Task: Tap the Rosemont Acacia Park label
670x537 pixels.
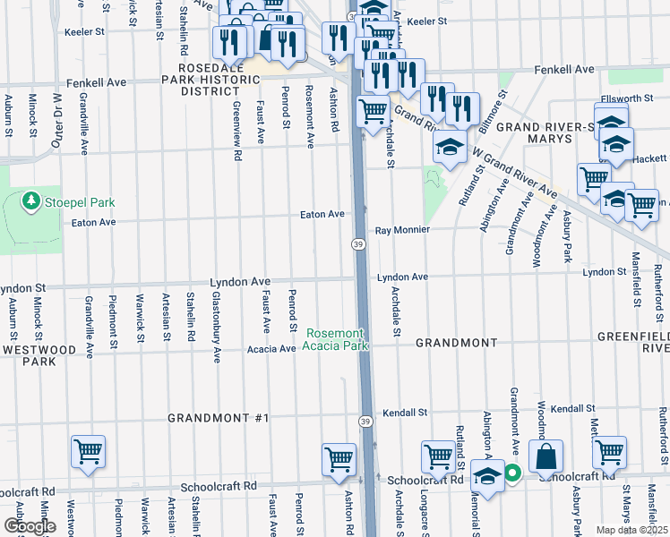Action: (336, 338)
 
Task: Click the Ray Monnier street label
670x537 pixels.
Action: (402, 229)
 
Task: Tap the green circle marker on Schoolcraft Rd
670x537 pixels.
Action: (512, 473)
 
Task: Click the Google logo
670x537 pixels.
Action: (30, 526)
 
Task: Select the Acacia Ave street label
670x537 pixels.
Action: (271, 349)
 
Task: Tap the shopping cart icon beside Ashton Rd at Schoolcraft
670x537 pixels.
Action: (339, 459)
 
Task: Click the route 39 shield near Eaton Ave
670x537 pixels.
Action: (356, 244)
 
